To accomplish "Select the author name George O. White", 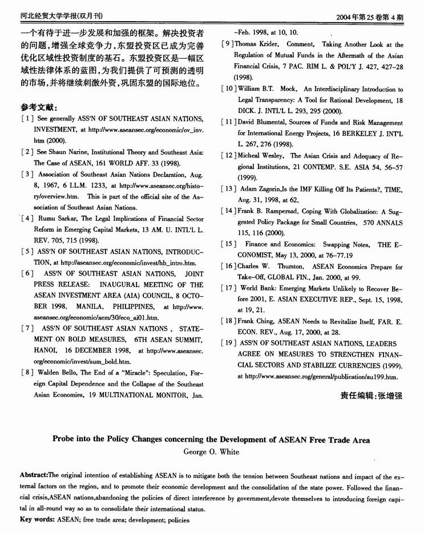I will pyautogui.click(x=212, y=452).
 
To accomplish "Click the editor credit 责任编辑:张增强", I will pyautogui.click(x=371, y=395).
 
